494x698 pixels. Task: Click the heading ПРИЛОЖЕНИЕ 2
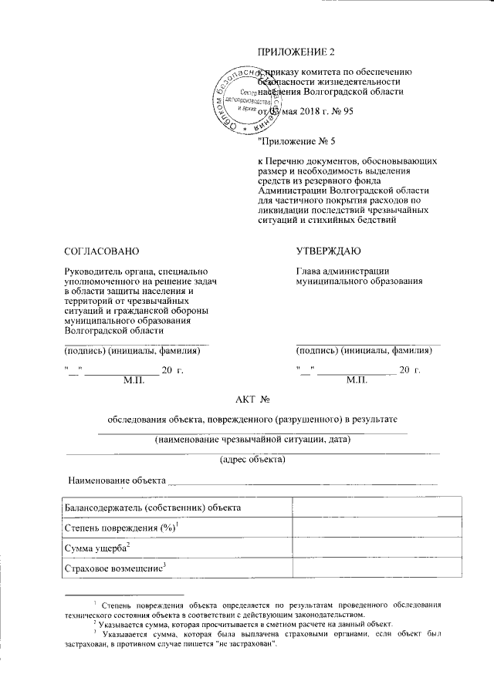(297, 52)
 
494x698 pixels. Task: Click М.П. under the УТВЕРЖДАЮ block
(358, 380)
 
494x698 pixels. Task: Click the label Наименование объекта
(117, 481)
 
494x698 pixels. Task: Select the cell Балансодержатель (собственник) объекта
(154, 507)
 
